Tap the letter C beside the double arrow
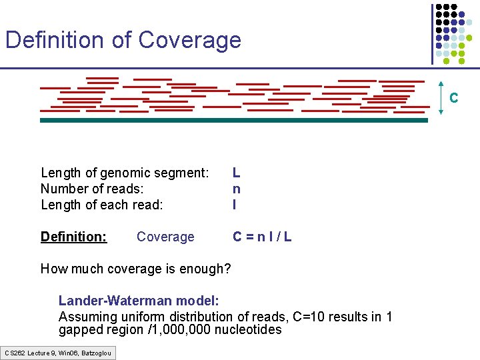(453, 99)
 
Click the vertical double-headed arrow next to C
(441, 97)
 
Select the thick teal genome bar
(233, 121)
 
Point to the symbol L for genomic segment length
(237, 173)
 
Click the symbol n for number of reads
(237, 189)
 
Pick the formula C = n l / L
(261, 237)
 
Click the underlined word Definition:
(73, 237)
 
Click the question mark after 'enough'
(227, 269)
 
